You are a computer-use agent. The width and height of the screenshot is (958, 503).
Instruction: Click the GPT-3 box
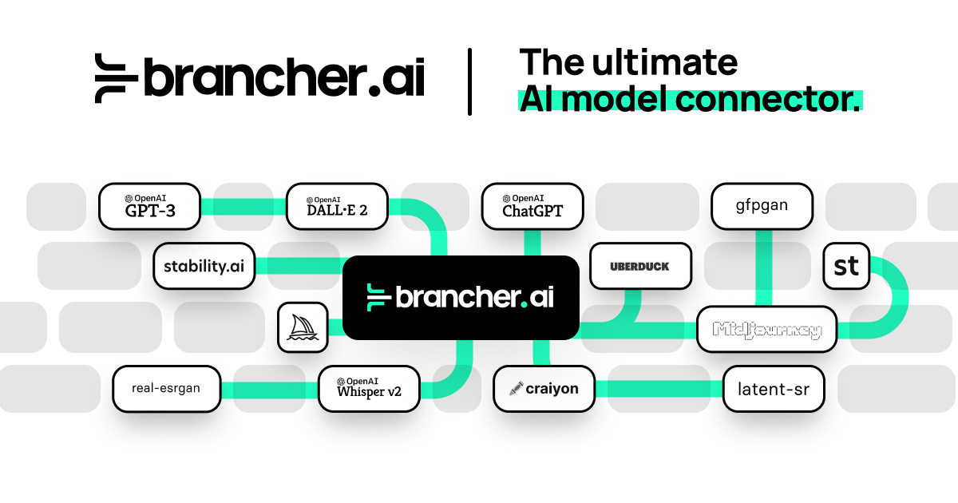[148, 207]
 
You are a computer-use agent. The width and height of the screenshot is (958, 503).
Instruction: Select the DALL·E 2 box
[337, 207]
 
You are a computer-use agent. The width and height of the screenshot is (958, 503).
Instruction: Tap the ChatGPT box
[532, 207]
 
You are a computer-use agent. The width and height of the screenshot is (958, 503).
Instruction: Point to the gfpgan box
[762, 207]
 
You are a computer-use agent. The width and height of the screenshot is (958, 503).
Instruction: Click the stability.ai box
[204, 266]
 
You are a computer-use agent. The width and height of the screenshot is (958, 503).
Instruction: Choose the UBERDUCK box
[639, 266]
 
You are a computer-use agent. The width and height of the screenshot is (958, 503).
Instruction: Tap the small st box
[846, 265]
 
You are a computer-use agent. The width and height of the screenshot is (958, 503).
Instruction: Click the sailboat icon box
[303, 327]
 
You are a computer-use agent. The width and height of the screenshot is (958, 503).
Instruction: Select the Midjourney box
[766, 329]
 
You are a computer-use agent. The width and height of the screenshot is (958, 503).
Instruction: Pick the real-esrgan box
[166, 389]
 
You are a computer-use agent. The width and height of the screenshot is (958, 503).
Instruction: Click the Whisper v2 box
[368, 389]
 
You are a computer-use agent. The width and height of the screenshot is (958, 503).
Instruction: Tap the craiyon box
[544, 389]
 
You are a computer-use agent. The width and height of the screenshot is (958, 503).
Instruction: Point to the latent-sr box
[773, 389]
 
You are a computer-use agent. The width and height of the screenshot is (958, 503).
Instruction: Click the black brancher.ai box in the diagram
[461, 297]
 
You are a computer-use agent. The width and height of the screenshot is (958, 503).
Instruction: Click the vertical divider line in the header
[469, 81]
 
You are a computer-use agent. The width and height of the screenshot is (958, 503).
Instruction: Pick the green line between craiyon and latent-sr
[659, 389]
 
